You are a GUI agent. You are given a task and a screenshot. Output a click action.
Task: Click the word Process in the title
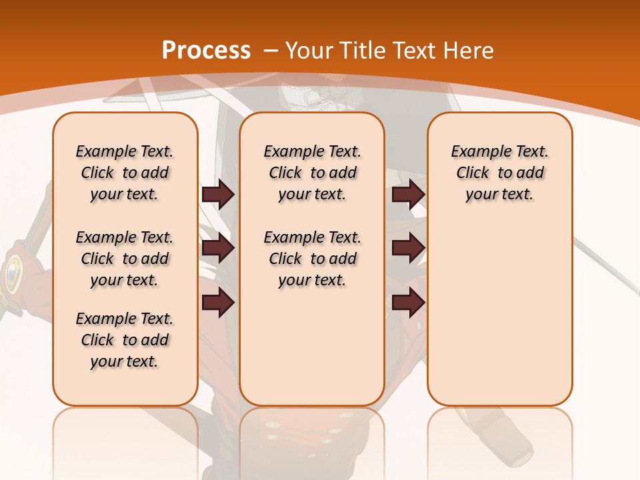coord(206,50)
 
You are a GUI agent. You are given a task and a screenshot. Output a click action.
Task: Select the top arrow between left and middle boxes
coord(218,195)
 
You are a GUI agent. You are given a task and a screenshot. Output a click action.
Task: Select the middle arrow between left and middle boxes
coord(218,249)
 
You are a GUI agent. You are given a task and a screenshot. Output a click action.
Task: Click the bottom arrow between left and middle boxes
coord(218,303)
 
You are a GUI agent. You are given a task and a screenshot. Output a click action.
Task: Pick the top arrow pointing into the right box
coord(408,195)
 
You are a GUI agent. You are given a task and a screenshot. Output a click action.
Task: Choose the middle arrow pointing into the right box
coord(408,249)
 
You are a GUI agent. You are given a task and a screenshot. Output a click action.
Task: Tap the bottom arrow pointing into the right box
coord(408,303)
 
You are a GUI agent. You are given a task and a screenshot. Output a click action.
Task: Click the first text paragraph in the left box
coord(125,173)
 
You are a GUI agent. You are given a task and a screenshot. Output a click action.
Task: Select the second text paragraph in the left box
coord(125,259)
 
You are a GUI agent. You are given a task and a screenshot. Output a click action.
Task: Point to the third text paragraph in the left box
coord(125,340)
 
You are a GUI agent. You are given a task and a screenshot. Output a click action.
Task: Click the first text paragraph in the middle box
coord(313,173)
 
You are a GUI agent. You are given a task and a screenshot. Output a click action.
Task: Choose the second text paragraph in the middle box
coord(313,259)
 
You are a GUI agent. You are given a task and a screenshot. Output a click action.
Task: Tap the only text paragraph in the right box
coord(500,173)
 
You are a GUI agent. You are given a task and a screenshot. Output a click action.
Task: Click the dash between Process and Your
coord(270,51)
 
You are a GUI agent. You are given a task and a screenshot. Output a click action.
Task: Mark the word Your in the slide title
coord(309,51)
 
